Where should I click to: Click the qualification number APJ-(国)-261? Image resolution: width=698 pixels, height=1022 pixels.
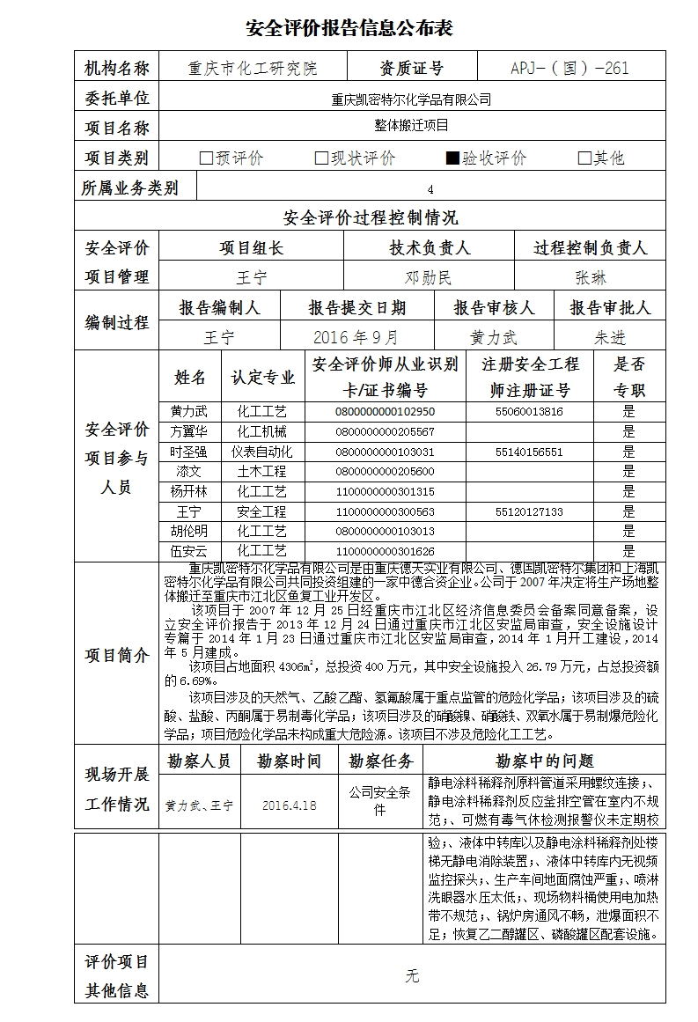569,69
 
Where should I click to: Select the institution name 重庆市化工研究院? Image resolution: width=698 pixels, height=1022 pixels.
253,69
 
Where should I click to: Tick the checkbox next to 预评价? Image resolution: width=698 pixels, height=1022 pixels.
206,158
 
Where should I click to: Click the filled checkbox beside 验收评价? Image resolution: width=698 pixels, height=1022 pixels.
452,158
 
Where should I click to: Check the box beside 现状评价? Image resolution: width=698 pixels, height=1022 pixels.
321,158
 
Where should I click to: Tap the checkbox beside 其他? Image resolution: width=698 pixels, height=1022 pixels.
584,158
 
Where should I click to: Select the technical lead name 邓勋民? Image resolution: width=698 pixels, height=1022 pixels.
428,278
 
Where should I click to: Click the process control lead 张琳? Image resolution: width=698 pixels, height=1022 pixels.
591,278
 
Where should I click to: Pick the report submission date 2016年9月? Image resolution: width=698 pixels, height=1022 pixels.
356,337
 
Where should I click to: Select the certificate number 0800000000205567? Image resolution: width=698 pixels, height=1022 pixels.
385,432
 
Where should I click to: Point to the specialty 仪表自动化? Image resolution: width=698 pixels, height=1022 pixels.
261,452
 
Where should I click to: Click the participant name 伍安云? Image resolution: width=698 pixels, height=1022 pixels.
188,552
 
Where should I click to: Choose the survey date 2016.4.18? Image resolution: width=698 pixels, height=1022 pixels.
289,805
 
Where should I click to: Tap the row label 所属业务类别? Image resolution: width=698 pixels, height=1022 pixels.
129,187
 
